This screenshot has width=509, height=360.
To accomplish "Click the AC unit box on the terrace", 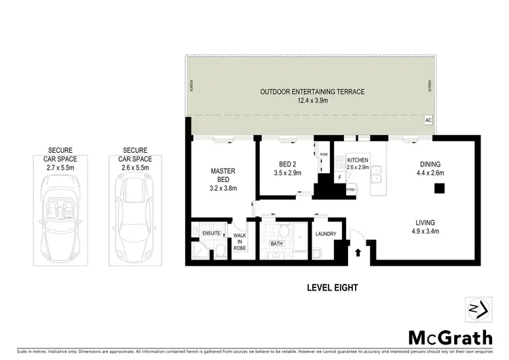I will [428, 120].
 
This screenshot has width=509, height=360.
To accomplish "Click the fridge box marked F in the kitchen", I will [339, 178].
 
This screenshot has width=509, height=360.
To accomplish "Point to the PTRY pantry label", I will [351, 190].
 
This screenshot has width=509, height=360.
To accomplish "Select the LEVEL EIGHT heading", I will [332, 287].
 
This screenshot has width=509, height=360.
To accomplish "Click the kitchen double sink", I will [375, 175].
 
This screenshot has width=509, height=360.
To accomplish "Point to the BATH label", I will [276, 242].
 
